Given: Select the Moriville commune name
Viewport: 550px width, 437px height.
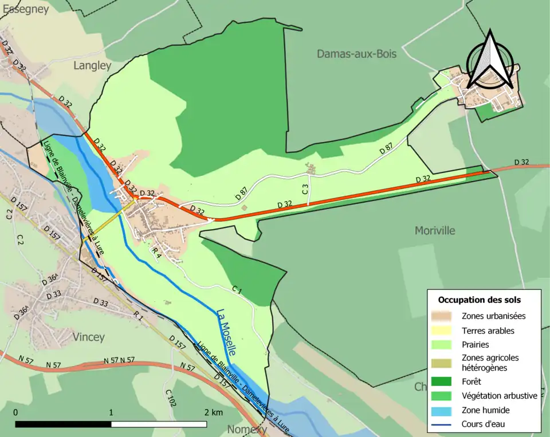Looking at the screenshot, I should (x=435, y=230).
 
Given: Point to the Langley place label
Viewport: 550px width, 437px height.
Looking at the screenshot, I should (x=92, y=66).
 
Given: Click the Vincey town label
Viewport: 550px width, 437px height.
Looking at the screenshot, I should (x=89, y=337).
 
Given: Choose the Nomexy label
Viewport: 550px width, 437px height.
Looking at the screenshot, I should (x=247, y=429).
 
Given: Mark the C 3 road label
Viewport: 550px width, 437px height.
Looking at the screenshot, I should (x=305, y=187).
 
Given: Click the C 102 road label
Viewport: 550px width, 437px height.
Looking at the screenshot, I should (x=170, y=398).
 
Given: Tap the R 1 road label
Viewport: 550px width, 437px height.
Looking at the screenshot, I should (x=137, y=316).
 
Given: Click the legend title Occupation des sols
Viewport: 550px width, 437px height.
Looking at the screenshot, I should (x=479, y=300).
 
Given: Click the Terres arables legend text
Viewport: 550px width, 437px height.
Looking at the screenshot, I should (x=488, y=330).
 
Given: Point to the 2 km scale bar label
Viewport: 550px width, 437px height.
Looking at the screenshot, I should (x=213, y=412).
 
